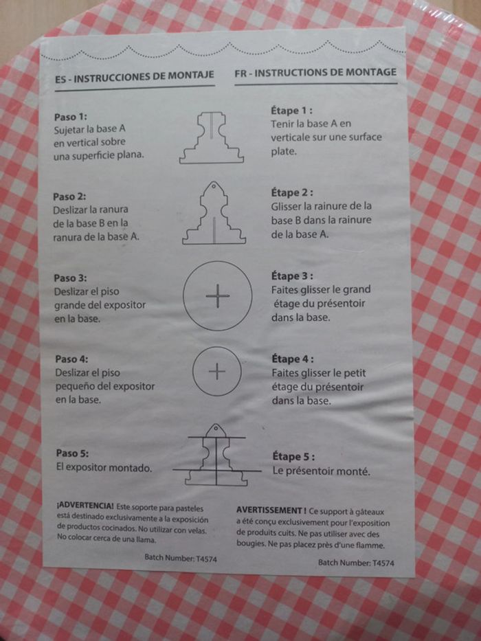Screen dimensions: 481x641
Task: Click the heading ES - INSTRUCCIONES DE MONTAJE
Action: (135, 76)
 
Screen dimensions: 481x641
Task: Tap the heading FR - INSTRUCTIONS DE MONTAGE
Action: (315, 72)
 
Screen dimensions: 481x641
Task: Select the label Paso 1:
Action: (70, 117)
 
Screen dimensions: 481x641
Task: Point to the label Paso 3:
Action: (70, 278)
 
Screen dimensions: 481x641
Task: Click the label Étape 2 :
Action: (292, 192)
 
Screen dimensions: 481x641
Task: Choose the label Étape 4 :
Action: (293, 359)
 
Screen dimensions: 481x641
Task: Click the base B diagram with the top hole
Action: (214, 213)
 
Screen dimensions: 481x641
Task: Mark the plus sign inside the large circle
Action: (218, 295)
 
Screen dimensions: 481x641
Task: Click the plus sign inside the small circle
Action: (216, 371)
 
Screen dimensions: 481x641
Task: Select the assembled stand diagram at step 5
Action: (216, 455)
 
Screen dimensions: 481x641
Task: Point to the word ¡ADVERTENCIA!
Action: (85, 506)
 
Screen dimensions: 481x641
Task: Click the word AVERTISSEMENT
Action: (269, 510)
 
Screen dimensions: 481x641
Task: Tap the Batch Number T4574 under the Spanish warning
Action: (181, 558)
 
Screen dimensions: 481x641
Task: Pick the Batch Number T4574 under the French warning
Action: (356, 563)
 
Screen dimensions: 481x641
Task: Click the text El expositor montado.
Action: (104, 467)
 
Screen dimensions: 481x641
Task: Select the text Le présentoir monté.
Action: (321, 471)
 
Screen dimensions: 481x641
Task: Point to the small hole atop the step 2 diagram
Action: (213, 186)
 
